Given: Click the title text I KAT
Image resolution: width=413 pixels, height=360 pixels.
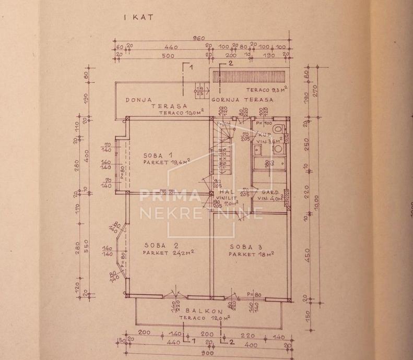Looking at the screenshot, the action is tap(138, 17).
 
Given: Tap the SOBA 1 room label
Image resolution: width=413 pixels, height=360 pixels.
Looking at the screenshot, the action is tap(161, 155).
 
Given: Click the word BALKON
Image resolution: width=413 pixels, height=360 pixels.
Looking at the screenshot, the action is tap(199, 309).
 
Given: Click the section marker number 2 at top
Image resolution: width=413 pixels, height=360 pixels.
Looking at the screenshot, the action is tap(230, 63).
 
